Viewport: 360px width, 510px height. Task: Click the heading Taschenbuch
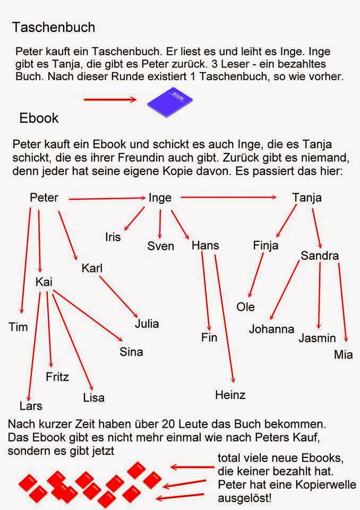[54, 27]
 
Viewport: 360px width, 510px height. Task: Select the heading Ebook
[39, 118]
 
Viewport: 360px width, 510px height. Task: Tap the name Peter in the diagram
[44, 198]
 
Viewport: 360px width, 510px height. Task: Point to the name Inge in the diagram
[160, 198]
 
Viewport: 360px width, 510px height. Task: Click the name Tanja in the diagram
[307, 198]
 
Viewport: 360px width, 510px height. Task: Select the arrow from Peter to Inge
[107, 198]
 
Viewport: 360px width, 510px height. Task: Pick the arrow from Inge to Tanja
[228, 198]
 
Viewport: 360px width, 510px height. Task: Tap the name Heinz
[230, 395]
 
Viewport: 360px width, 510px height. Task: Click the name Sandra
[320, 256]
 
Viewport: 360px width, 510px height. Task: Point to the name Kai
[44, 282]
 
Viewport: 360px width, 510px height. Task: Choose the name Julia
[147, 323]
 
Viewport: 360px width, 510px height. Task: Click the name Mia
[343, 354]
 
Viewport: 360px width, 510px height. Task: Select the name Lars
[31, 406]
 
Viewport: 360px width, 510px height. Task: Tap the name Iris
[113, 237]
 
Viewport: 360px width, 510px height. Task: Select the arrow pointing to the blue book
[110, 99]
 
